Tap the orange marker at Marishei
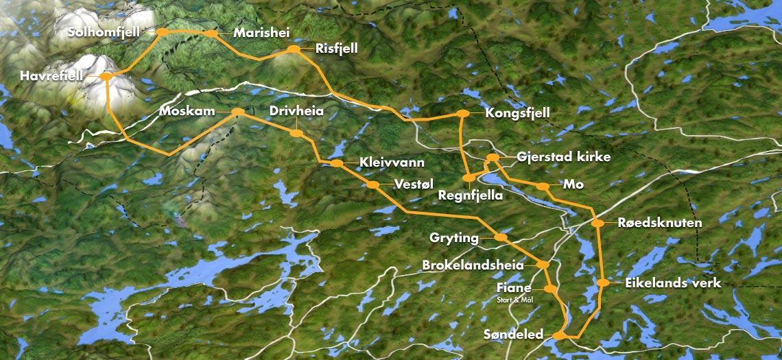point(211,33)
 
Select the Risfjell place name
point(337,49)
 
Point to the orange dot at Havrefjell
point(106,76)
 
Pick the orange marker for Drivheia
point(296,133)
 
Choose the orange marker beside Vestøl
point(372,184)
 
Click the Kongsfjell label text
point(517,112)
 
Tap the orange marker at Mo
point(543,186)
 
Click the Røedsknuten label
point(660,223)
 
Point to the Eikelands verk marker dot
point(603,283)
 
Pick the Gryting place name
point(455,237)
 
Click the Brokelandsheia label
point(473,265)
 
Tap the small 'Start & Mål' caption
point(520,300)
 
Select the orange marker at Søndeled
point(559,335)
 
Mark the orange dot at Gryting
point(501,237)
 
